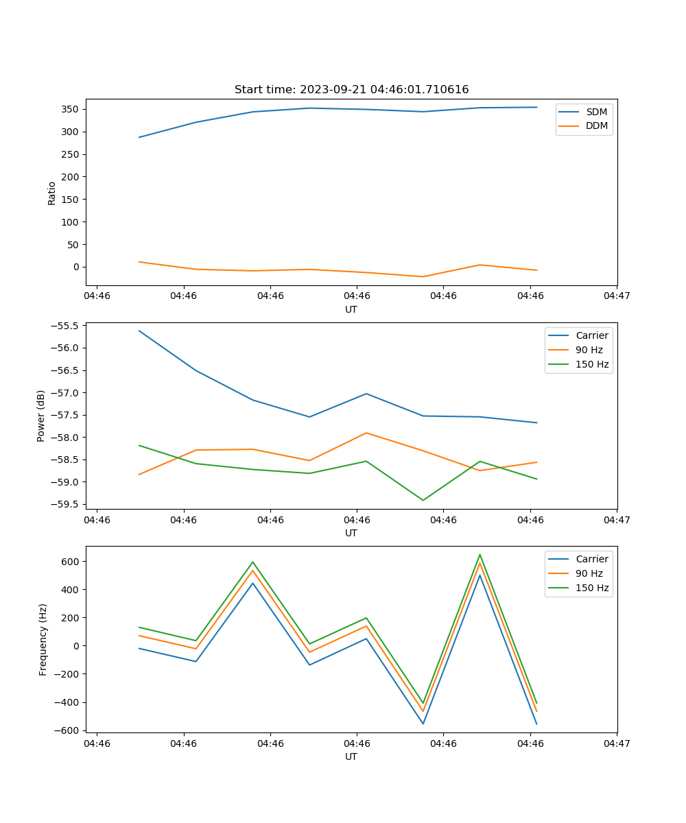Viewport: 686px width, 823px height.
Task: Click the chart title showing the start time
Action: [351, 89]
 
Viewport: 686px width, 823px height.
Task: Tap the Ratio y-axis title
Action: [52, 193]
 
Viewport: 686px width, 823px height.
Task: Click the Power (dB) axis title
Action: [41, 416]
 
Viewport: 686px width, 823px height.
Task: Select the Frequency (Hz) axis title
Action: [43, 639]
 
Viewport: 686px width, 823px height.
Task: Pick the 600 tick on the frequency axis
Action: [71, 561]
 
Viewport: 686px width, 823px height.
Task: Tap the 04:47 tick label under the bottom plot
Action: [616, 743]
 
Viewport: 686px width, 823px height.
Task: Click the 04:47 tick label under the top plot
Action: [616, 296]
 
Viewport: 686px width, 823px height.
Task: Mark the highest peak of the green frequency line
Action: [480, 554]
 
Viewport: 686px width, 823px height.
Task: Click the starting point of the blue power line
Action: [139, 331]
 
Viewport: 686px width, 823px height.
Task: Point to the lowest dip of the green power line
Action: [423, 500]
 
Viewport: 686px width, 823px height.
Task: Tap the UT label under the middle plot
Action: [351, 533]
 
